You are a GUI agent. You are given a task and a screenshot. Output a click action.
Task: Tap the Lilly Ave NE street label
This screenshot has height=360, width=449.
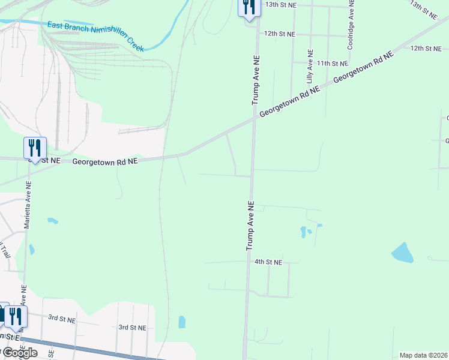pyautogui.click(x=310, y=66)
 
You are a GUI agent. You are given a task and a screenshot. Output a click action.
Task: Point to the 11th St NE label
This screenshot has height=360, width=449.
pyautogui.click(x=333, y=63)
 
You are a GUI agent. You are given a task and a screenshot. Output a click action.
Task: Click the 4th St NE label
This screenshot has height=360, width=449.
pyautogui.click(x=268, y=262)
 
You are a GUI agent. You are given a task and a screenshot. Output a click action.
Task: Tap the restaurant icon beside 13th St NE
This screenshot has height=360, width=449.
pyautogui.click(x=249, y=8)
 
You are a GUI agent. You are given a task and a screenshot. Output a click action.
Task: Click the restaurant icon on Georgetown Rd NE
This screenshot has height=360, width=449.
pyautogui.click(x=35, y=148)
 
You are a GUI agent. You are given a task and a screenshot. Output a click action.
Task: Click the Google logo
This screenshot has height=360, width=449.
pyautogui.click(x=19, y=352)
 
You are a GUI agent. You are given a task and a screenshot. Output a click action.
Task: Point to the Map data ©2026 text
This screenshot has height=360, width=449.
pyautogui.click(x=423, y=355)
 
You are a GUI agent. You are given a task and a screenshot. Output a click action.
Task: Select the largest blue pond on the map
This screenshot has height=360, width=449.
pyautogui.click(x=402, y=253)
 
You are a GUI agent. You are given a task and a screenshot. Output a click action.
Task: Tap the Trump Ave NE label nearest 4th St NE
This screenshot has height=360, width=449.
pyautogui.click(x=250, y=226)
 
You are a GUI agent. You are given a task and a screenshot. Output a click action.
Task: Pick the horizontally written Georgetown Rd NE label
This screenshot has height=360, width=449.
pyautogui.click(x=105, y=161)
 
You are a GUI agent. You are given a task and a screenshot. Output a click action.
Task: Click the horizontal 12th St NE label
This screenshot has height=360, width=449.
pyautogui.click(x=280, y=34)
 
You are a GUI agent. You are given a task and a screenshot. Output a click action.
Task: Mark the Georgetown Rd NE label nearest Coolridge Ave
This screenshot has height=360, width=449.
pyautogui.click(x=363, y=67)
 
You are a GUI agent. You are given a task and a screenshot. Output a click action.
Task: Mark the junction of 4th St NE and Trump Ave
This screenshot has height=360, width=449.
pyautogui.click(x=248, y=262)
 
